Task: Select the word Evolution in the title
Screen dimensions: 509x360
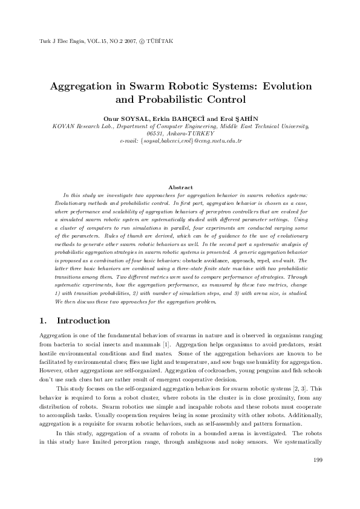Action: (x=283, y=86)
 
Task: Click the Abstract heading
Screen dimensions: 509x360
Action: (x=180, y=187)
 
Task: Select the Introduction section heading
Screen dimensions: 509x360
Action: (x=83, y=320)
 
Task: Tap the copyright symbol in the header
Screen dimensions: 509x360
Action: (x=140, y=42)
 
